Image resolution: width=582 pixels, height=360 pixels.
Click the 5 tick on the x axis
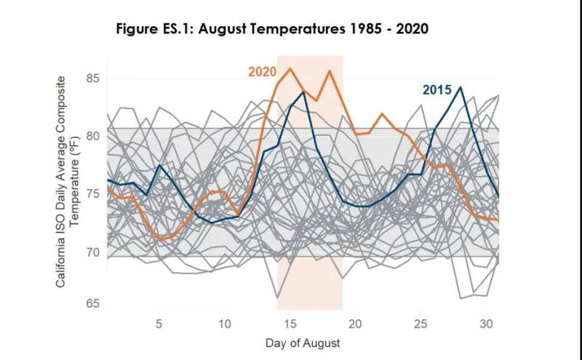point(159,322)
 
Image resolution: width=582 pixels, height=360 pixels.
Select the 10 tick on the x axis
point(225,322)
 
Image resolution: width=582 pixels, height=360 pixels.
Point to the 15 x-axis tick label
point(290,322)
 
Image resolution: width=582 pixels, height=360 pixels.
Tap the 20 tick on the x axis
point(356,322)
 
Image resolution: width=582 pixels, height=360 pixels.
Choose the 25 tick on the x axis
point(421,322)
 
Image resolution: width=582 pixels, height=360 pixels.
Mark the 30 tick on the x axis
point(487,322)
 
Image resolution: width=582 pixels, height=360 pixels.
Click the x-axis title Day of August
point(303,341)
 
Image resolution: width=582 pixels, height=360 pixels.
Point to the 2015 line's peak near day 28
point(461,87)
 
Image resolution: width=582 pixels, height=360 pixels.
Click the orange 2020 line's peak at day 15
point(290,68)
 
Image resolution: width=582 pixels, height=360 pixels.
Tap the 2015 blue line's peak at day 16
point(303,92)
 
